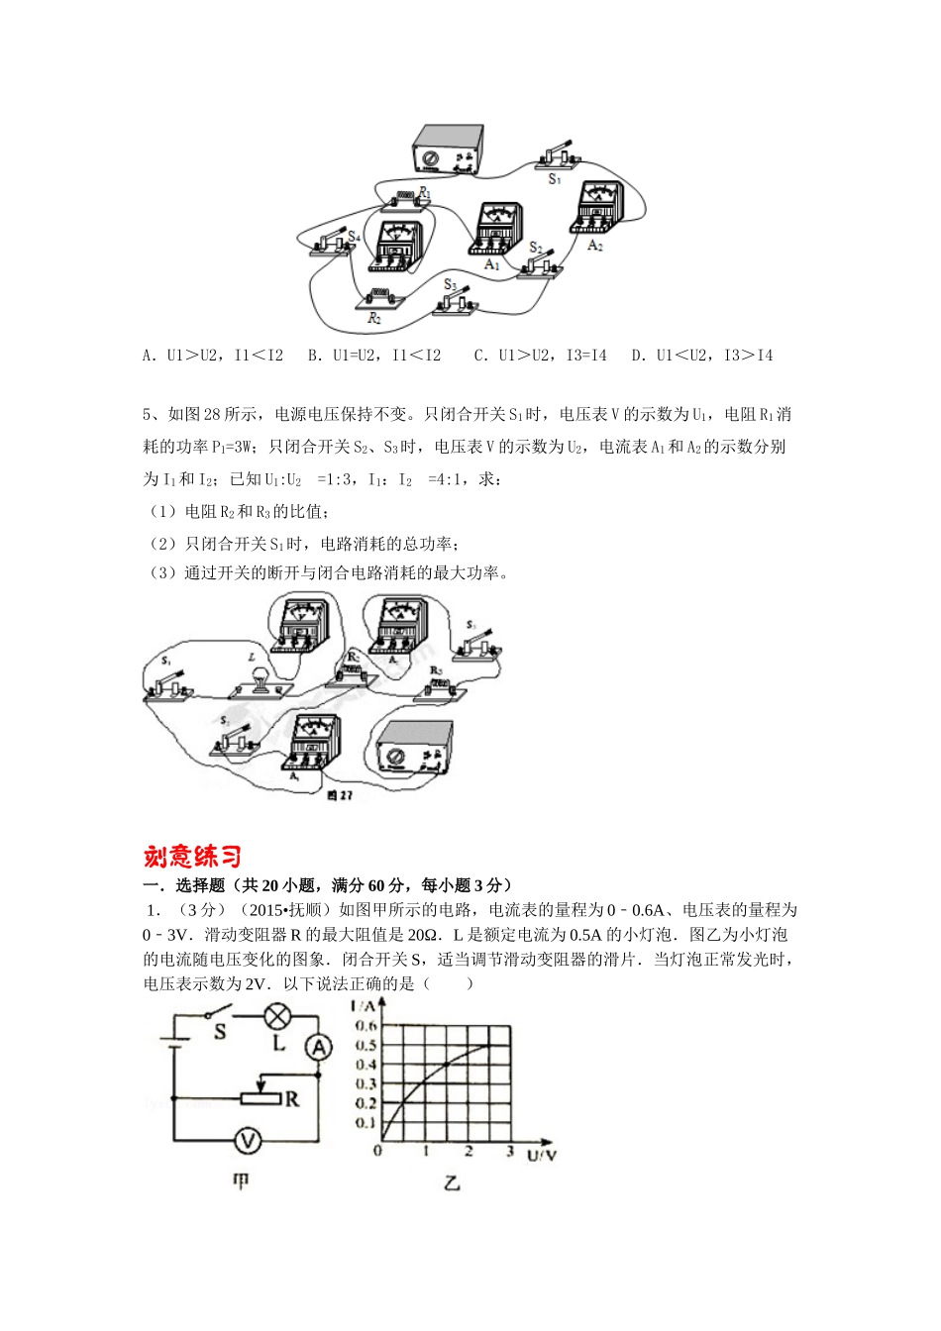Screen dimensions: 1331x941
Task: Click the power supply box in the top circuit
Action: [x=448, y=151]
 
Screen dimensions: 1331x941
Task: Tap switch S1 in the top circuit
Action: [x=553, y=156]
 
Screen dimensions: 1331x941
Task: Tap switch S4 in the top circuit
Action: [x=331, y=244]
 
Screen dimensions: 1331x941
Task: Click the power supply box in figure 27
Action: [x=413, y=747]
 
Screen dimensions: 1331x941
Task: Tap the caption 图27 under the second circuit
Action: [x=339, y=794]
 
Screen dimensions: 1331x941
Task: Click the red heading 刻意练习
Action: [x=192, y=856]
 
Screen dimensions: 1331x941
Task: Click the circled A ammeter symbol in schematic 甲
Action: [x=317, y=1047]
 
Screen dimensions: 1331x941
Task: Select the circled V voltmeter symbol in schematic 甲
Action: [x=247, y=1141]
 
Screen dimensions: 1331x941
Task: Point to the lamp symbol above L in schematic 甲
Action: [x=278, y=1015]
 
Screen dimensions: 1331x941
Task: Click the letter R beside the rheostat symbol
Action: [x=292, y=1099]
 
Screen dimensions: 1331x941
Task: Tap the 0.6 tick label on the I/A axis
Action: [x=366, y=1026]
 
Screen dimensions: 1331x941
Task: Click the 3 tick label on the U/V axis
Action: [x=509, y=1152]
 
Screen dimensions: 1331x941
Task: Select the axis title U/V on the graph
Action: [x=541, y=1155]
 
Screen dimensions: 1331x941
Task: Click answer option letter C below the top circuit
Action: [x=479, y=356]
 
